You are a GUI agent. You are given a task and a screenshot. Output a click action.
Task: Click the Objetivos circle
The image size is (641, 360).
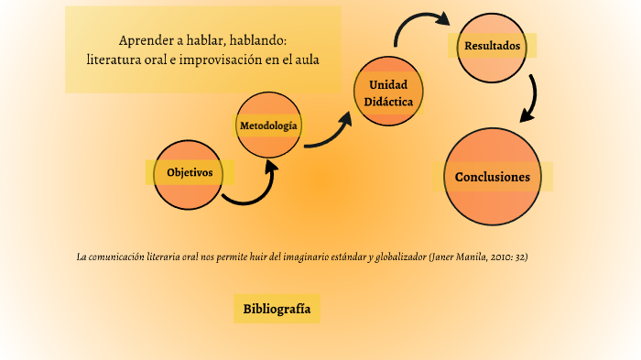tap(190, 174)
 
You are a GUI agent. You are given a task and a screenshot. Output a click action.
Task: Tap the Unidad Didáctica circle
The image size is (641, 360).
tap(388, 90)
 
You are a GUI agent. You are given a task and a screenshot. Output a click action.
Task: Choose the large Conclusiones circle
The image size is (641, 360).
tap(492, 177)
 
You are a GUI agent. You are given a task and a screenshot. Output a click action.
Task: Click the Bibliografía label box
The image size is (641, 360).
tap(277, 309)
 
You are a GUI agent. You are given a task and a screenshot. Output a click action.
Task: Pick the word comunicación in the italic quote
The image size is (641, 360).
tap(115, 256)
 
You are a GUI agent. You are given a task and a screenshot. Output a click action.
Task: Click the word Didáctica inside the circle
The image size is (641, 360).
tap(388, 101)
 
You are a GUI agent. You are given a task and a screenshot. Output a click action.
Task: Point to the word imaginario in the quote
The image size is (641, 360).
tap(297, 256)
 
